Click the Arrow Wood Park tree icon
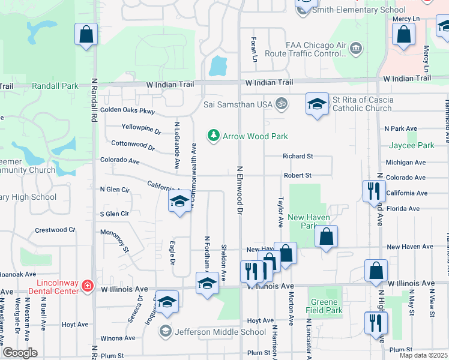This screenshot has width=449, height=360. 213,136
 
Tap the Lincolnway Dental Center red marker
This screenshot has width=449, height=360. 88,285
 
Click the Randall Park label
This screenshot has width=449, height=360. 55,86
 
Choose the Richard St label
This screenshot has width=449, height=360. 298,156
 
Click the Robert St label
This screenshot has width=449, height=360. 298,175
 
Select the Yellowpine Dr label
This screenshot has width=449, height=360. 141,128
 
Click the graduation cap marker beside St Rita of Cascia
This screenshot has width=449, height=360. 317,105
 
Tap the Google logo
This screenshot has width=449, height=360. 20,352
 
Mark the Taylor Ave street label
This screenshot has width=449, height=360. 280,211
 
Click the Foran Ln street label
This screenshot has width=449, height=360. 255,49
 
